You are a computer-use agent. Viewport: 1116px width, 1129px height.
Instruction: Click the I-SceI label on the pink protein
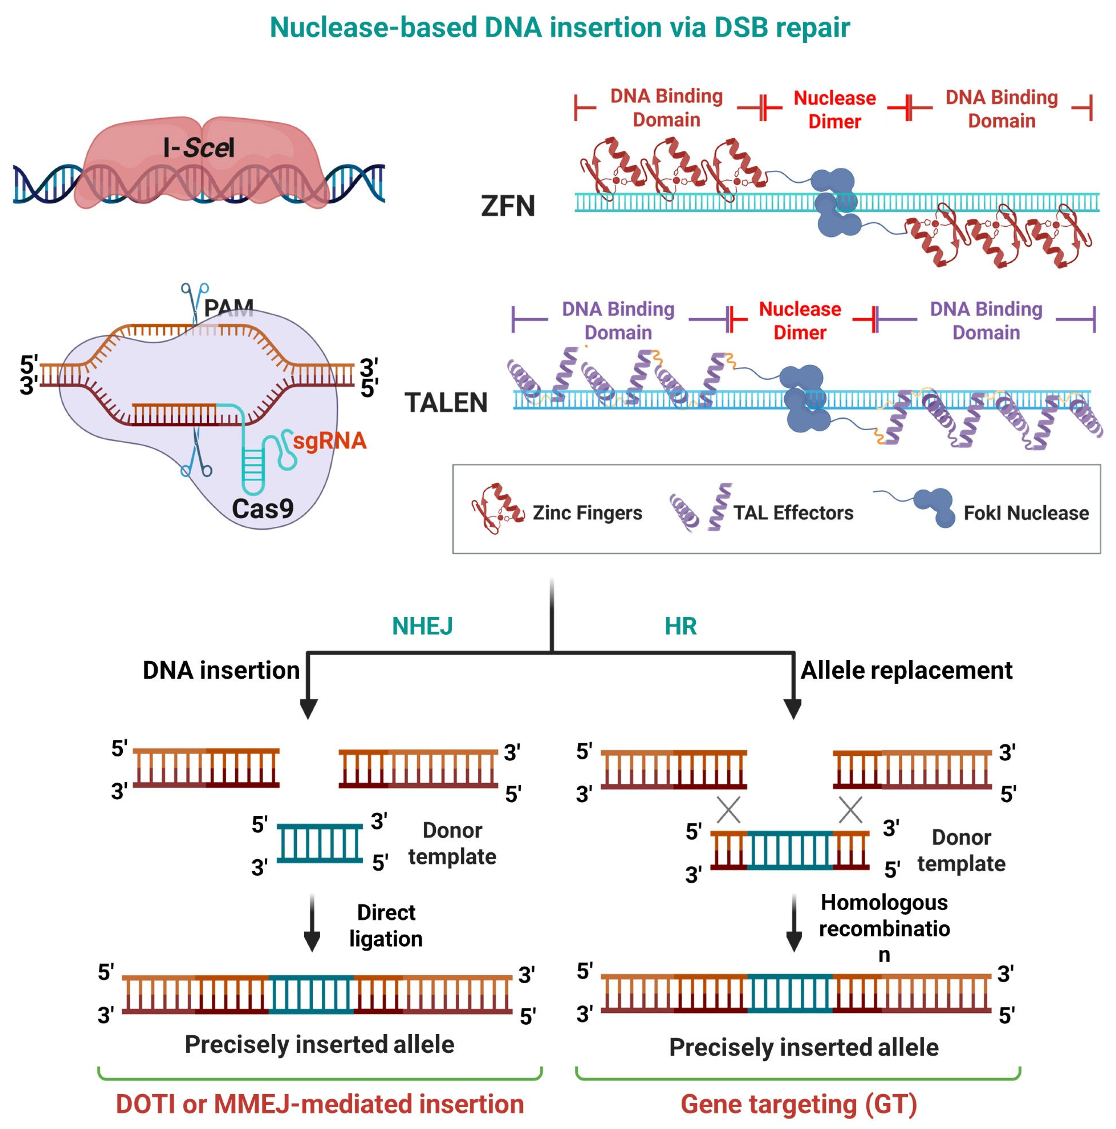click(x=199, y=147)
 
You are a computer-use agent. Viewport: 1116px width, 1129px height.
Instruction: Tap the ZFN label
click(x=508, y=206)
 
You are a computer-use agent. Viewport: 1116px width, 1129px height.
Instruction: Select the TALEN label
click(x=446, y=403)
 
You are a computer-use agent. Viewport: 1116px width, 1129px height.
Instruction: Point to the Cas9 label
click(x=262, y=508)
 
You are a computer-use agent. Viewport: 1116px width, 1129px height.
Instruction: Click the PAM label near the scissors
click(x=229, y=307)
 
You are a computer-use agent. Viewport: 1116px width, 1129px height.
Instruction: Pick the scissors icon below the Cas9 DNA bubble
click(x=196, y=458)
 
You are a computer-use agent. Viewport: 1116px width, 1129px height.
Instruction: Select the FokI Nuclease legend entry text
click(x=1025, y=512)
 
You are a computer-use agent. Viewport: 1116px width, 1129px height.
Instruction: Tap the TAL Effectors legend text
click(x=793, y=512)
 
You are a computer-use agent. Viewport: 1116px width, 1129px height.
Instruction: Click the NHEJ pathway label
click(x=422, y=626)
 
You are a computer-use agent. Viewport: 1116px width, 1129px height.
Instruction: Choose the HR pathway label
click(x=680, y=626)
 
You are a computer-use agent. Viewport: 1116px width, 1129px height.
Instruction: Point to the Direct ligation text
click(x=386, y=925)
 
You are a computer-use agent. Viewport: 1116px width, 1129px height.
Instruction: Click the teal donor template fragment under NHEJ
click(x=320, y=843)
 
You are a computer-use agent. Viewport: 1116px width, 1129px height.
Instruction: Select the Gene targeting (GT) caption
click(x=799, y=1104)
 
